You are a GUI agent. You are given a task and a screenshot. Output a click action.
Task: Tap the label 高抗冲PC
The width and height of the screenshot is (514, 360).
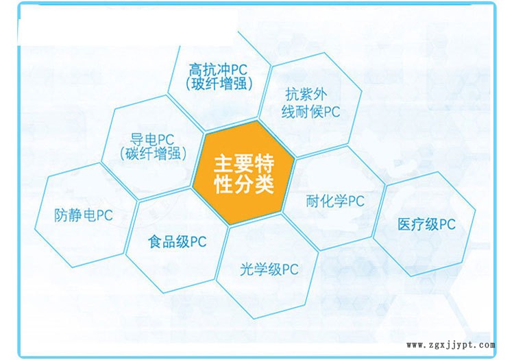click(219, 70)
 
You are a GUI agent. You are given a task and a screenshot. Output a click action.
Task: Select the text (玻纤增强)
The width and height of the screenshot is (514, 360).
click(219, 84)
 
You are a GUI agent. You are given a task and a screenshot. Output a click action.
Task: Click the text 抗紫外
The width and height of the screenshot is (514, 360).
click(310, 97)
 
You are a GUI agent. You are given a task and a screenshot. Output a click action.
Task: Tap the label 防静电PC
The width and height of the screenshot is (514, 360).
click(83, 215)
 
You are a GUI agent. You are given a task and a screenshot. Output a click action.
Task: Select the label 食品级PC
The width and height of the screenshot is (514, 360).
click(177, 241)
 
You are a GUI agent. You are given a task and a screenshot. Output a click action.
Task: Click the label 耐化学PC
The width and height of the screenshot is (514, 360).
click(334, 201)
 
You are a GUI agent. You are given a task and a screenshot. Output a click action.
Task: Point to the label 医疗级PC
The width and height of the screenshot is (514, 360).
click(426, 224)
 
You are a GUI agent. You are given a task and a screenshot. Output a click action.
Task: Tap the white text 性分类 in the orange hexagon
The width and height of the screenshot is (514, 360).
click(245, 184)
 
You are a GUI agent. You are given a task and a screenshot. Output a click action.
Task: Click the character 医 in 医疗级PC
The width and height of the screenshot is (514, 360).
click(404, 224)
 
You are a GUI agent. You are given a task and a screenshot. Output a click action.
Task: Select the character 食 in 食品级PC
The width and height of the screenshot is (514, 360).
click(154, 241)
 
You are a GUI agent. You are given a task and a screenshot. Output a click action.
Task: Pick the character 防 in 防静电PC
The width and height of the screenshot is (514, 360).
click(60, 215)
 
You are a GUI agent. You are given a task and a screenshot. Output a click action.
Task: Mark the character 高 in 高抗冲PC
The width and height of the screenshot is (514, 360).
click(195, 70)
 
